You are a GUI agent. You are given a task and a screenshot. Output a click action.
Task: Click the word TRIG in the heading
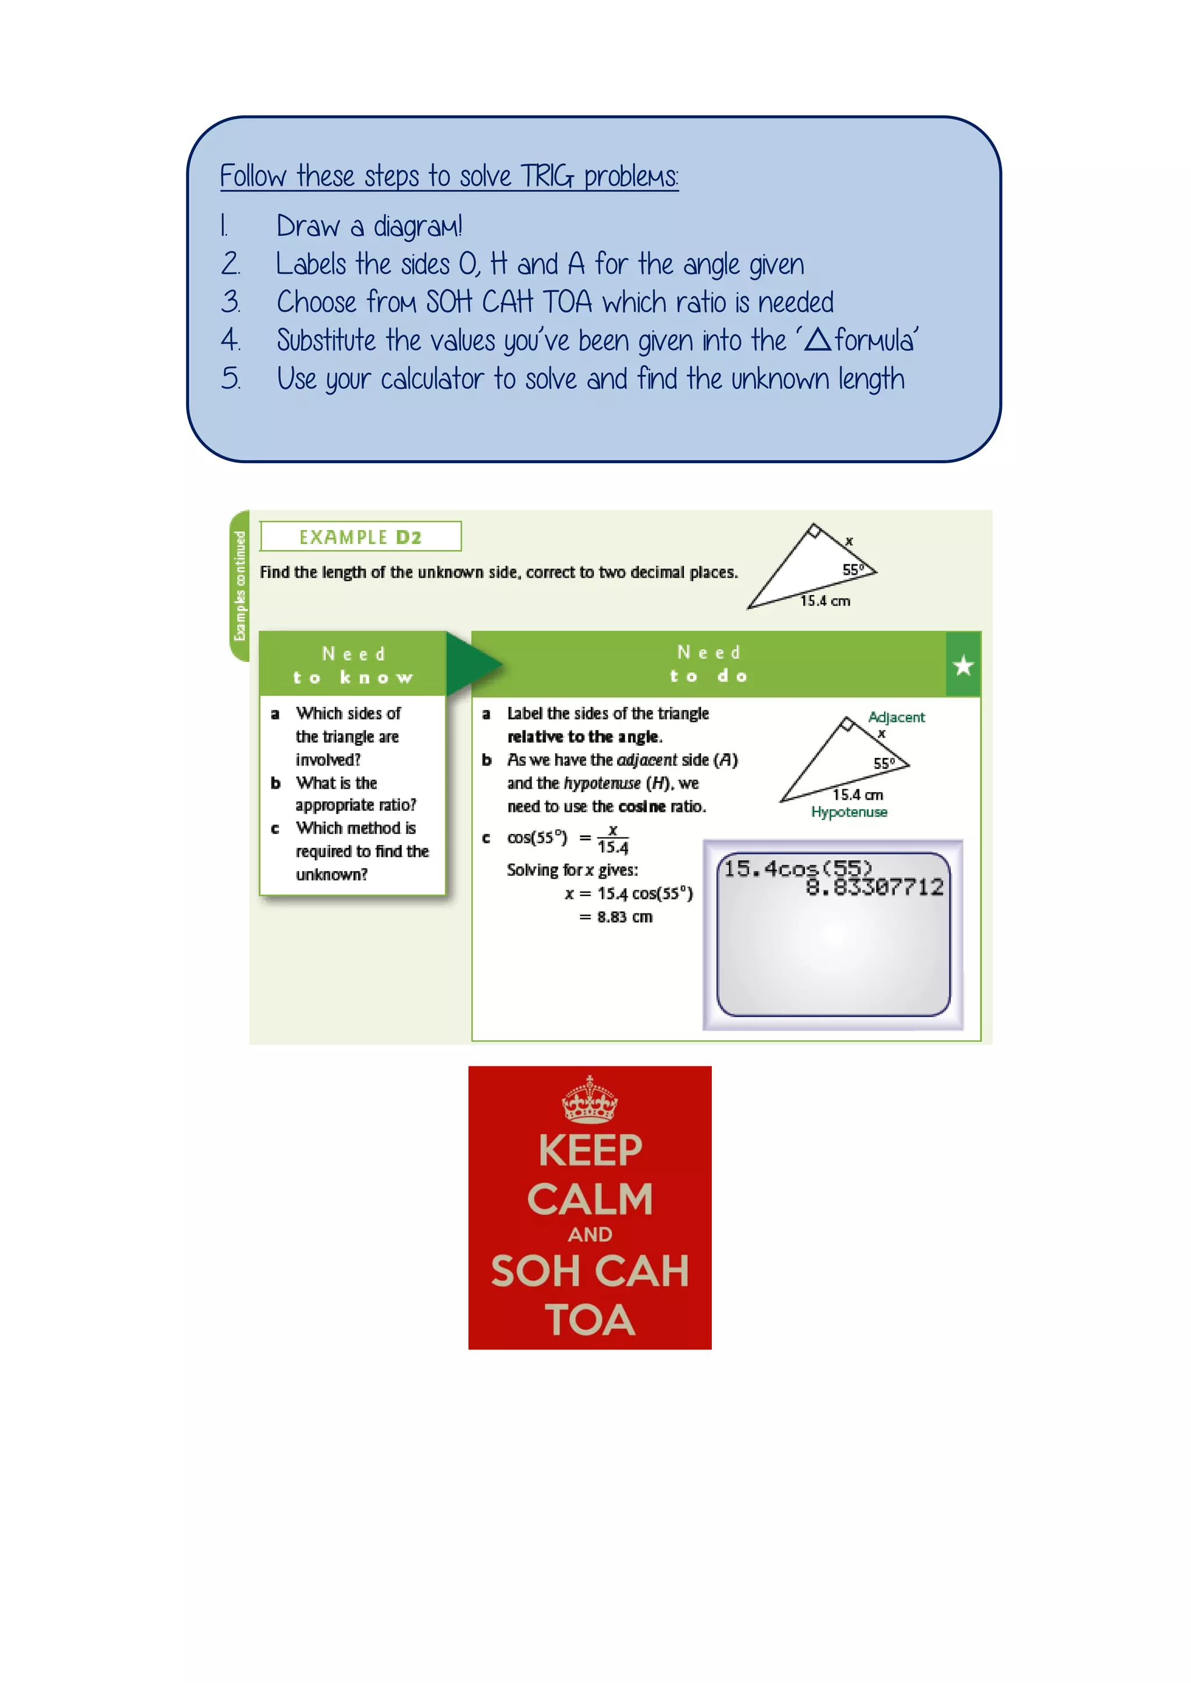[x=547, y=177]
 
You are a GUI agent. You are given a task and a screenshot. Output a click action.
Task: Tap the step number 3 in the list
[x=230, y=302]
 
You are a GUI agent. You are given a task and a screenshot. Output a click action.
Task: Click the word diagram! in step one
[x=418, y=227]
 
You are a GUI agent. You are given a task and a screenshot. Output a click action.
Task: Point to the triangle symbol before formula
[x=817, y=340]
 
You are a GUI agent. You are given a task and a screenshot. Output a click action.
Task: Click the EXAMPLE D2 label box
[x=360, y=536]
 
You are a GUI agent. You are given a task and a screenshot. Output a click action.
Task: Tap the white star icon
[x=963, y=665]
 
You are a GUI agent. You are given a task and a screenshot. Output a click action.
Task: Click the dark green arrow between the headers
[x=469, y=663]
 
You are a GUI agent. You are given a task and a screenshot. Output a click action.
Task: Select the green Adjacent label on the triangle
[x=896, y=717]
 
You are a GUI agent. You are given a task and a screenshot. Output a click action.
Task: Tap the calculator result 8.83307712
[x=874, y=887]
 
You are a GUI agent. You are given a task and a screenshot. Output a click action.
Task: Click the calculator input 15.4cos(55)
[x=798, y=869]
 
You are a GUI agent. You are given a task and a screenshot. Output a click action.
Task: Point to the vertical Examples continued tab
[x=240, y=586]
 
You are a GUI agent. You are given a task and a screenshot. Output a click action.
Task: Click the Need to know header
[x=353, y=664]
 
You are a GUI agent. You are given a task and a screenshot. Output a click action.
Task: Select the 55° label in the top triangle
[x=852, y=570]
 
